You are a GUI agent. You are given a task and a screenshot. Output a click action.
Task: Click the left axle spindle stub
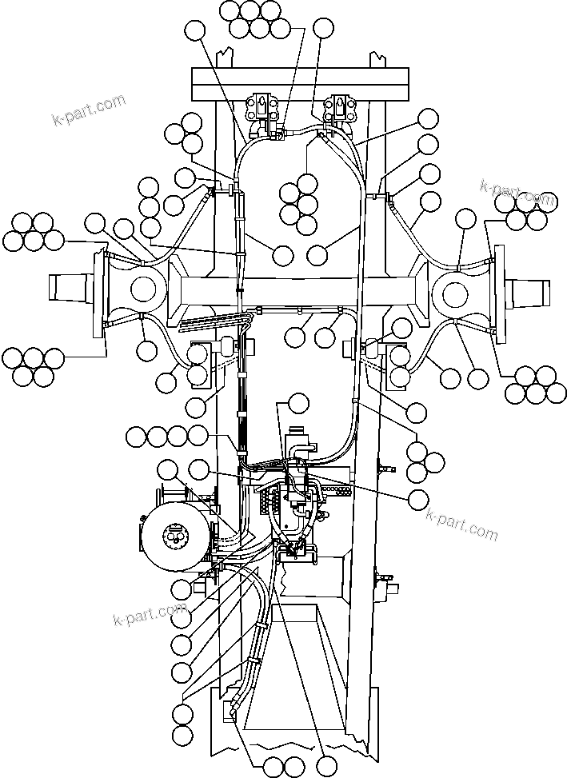click(x=72, y=287)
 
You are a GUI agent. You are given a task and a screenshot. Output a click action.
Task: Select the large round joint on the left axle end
click(x=145, y=288)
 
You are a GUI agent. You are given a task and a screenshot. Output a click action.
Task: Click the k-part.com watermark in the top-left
click(x=88, y=111)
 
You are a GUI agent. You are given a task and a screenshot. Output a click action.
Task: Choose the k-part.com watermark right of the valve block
click(x=461, y=525)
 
